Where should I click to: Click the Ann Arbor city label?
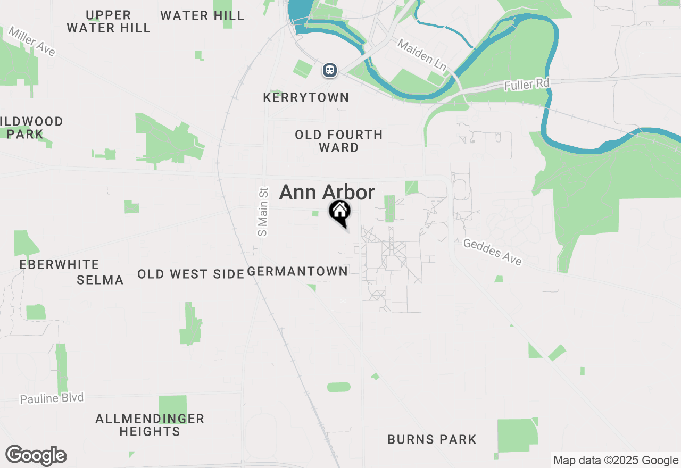tap(327, 193)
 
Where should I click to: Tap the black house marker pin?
tap(339, 212)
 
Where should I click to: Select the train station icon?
tap(330, 70)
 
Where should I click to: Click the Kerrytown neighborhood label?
tap(306, 97)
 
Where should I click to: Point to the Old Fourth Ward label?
tap(339, 141)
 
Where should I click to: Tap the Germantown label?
tap(297, 271)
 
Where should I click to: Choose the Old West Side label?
tap(190, 274)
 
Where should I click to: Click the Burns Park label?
tap(431, 439)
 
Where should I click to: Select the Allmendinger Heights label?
tap(150, 425)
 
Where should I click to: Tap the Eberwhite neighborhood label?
tap(59, 264)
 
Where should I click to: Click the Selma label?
tap(100, 280)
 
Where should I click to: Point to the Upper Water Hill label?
tap(109, 21)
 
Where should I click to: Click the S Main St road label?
tap(262, 211)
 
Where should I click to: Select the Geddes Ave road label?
tap(493, 252)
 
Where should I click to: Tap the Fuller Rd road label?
tap(527, 83)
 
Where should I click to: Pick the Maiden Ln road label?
tap(421, 55)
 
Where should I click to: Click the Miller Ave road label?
tap(31, 41)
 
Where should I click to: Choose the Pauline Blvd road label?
tap(52, 398)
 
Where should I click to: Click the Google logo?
tap(36, 456)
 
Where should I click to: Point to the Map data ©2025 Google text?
tap(616, 461)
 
